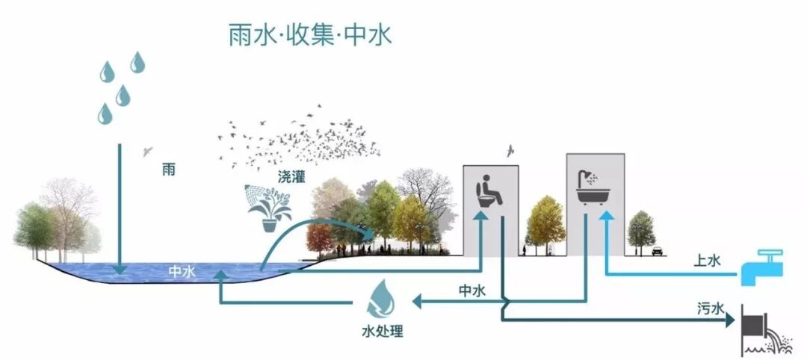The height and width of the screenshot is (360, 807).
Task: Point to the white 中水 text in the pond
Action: click(182, 272)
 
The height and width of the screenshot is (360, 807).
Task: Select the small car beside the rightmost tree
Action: click(657, 251)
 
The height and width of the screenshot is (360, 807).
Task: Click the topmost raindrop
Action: click(137, 62)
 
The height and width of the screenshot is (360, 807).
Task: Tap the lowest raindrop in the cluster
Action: click(105, 113)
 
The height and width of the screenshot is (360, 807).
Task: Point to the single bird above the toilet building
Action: click(510, 152)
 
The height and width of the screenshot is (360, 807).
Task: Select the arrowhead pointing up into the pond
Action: click(220, 276)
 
